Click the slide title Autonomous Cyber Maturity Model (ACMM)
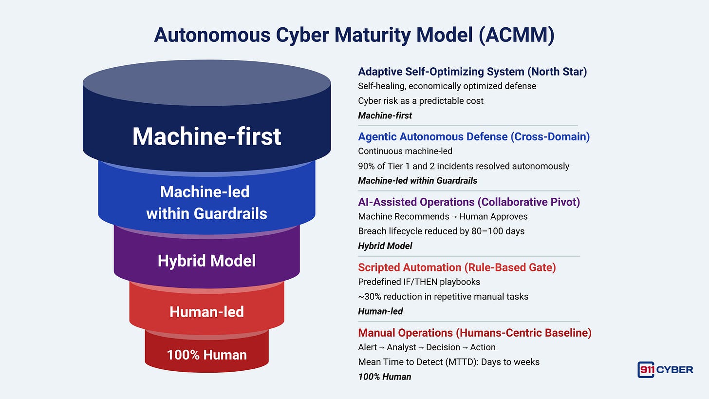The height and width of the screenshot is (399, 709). (354, 36)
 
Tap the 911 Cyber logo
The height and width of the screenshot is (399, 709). (665, 369)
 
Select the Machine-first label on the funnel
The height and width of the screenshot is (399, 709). (206, 136)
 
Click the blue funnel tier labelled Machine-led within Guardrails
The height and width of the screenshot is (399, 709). (206, 202)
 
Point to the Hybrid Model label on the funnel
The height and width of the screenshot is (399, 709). (206, 261)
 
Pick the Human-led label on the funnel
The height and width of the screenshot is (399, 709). (206, 312)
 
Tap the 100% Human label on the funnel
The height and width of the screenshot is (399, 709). (206, 355)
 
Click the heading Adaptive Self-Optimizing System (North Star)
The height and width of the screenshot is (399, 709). (472, 72)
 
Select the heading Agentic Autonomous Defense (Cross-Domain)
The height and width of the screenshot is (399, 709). (474, 137)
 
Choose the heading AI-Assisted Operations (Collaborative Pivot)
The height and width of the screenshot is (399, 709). (469, 202)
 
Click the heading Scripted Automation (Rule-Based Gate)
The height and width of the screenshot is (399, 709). (457, 267)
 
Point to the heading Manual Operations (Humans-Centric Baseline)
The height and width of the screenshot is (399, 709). (475, 333)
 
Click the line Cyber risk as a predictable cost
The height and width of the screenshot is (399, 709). (421, 101)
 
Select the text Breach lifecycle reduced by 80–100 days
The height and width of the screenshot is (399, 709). (441, 231)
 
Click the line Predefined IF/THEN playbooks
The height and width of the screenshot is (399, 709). (419, 282)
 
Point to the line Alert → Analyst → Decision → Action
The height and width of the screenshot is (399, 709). (427, 347)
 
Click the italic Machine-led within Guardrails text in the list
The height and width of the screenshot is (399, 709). (417, 181)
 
